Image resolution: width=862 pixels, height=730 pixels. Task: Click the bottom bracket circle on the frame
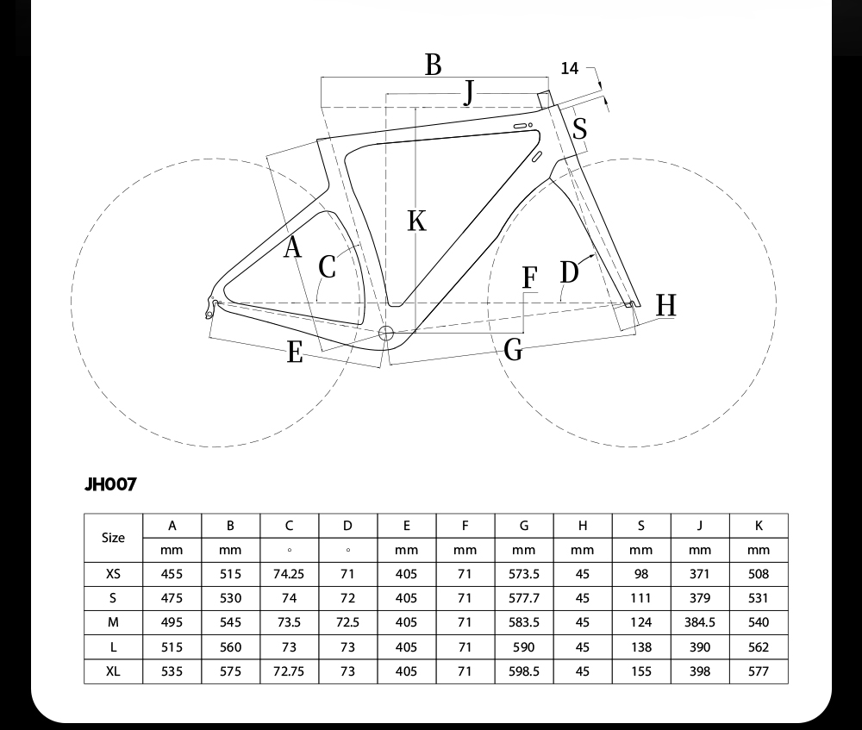tap(386, 334)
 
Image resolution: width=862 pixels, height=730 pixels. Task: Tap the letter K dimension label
tap(416, 221)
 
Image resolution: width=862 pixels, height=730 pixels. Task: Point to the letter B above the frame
tap(434, 65)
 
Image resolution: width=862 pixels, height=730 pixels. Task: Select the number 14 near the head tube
tap(570, 68)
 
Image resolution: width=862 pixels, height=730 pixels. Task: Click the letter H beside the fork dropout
tap(666, 305)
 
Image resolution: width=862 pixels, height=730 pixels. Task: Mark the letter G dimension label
tap(513, 350)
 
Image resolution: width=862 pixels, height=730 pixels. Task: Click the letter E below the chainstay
tap(295, 353)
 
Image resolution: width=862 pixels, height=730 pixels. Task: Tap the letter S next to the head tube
tap(579, 129)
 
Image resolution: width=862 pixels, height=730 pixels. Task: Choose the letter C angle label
tap(327, 268)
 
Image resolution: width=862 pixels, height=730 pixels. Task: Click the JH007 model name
tap(110, 484)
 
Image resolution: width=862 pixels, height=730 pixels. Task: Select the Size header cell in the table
tap(113, 538)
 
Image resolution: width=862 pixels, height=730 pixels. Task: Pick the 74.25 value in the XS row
tap(289, 574)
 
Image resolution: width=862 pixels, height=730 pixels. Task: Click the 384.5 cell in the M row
tap(700, 622)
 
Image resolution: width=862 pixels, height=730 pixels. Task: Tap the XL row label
tap(113, 671)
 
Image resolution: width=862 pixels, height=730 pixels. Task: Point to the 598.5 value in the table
tap(524, 671)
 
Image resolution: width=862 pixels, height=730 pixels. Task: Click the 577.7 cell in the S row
tap(524, 598)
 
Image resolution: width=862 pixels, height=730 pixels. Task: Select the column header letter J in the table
tap(700, 526)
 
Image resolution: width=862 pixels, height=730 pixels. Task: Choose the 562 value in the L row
tap(758, 647)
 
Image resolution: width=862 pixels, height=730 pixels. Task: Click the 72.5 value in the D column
tap(347, 622)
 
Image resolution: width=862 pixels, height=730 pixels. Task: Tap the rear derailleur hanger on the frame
tap(209, 308)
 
